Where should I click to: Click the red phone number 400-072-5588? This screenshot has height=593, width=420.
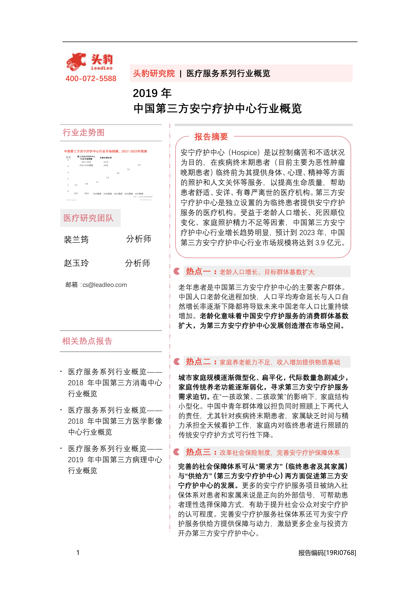coord(91,79)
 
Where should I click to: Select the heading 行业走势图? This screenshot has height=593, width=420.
coord(84,132)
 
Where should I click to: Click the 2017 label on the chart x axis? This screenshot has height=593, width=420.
coord(76,193)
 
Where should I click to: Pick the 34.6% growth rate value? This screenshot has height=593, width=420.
coord(106,165)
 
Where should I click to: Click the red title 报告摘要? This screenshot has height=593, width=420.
coord(211,137)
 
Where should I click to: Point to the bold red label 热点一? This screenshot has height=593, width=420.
coord(198,271)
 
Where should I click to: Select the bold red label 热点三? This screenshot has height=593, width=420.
coord(198,452)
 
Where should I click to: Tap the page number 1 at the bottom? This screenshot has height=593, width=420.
coord(78,553)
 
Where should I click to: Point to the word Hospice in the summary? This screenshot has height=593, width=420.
coord(244,153)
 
